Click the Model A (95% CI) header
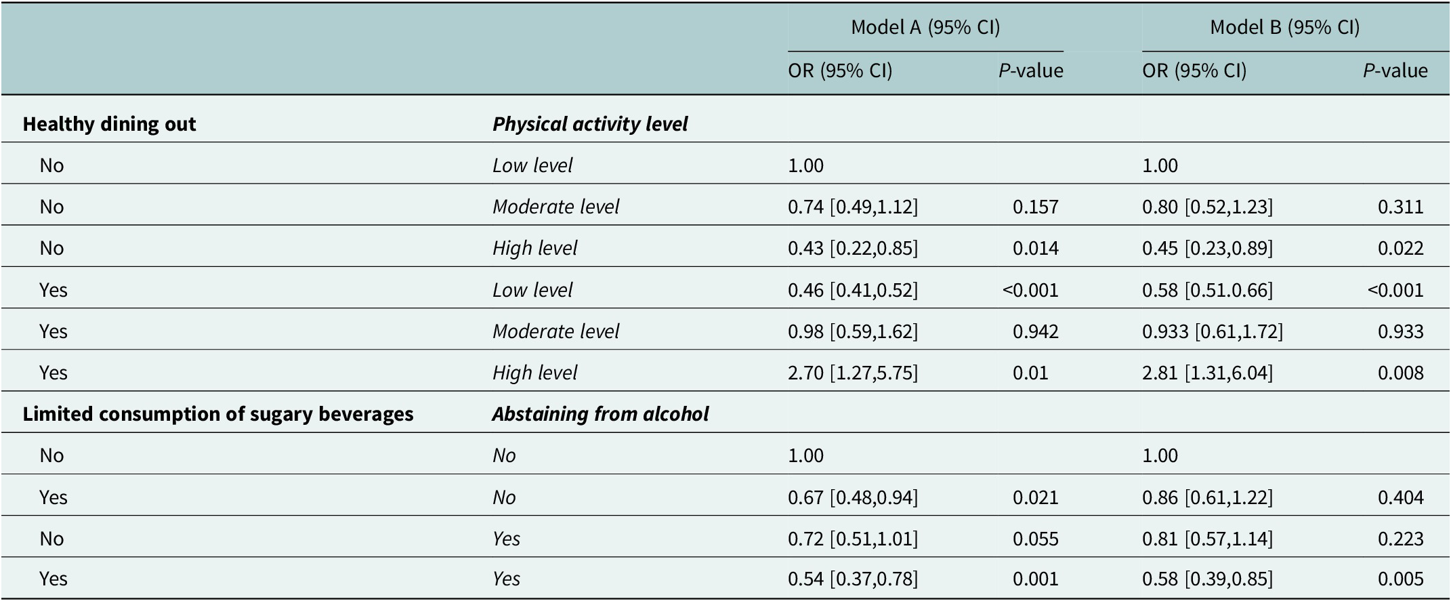click(925, 27)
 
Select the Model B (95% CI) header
click(1284, 27)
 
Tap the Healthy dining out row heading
click(109, 124)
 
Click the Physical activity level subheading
click(589, 124)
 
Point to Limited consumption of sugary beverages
click(217, 414)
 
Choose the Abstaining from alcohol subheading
click(600, 414)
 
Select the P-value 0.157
click(1035, 207)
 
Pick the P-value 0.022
click(1400, 248)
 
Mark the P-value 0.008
click(1400, 373)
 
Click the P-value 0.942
click(1035, 331)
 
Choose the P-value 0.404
click(1400, 497)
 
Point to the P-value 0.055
click(1035, 539)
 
